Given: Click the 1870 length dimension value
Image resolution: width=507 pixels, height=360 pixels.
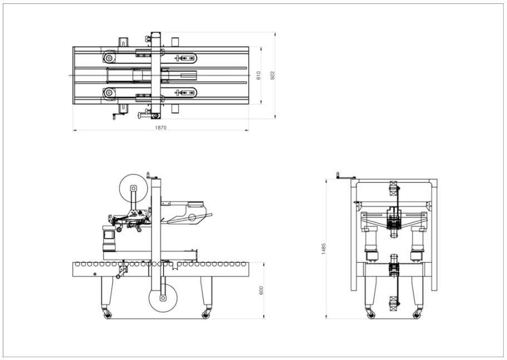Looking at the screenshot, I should [x=161, y=128].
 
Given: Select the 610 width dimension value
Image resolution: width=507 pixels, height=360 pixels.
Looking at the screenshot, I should [x=259, y=75].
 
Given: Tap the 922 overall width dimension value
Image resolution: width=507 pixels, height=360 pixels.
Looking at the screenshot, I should [x=273, y=75].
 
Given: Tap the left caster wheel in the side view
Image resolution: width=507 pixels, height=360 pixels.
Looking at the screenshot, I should [x=106, y=315].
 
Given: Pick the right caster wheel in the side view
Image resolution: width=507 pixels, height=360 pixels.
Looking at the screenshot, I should [x=206, y=315].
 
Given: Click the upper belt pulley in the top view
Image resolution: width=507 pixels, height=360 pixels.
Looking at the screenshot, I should [x=109, y=58].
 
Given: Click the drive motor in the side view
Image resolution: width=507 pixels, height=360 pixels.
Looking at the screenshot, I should [x=107, y=239].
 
